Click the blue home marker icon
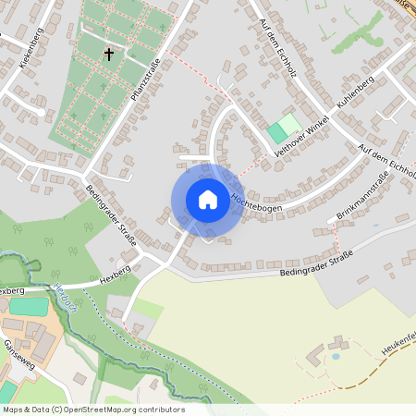[x=208, y=200]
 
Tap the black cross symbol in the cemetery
[x=108, y=55]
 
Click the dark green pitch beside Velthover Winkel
[x=276, y=133]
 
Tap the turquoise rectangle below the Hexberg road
[x=29, y=306]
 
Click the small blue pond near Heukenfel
[x=335, y=355]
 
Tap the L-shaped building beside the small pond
[x=314, y=356]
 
